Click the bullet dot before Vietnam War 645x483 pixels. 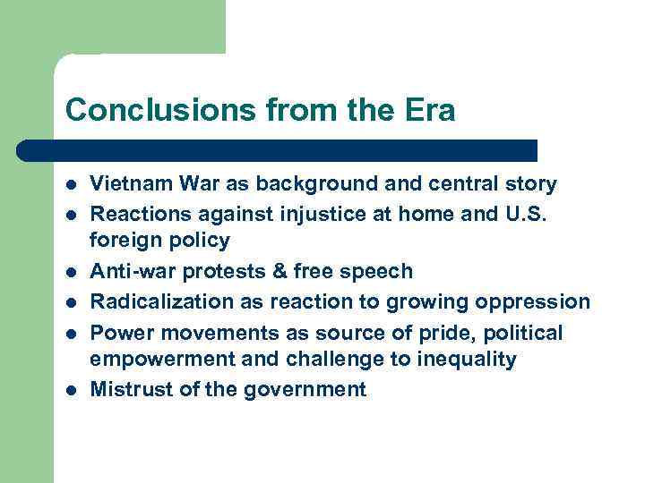71,185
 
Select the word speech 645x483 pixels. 381,271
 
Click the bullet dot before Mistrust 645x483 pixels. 71,390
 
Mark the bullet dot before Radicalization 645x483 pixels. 71,302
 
